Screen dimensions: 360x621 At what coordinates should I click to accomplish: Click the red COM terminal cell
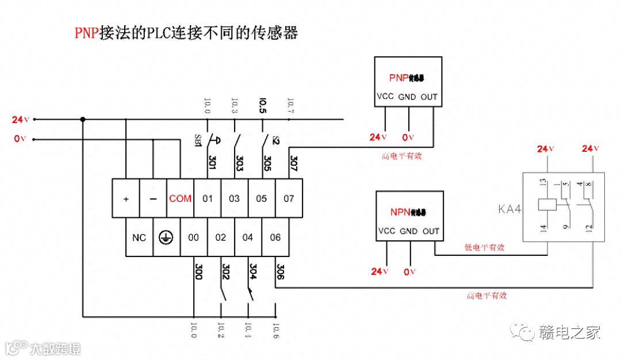point(180,198)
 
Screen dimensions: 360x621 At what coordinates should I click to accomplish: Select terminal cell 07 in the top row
point(289,198)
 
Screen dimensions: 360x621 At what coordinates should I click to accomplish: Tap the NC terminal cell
point(139,238)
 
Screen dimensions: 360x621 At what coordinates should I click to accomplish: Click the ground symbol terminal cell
point(166,238)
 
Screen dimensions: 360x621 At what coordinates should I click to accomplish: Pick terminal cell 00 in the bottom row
point(194,238)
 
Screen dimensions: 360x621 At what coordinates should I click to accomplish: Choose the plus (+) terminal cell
point(126,198)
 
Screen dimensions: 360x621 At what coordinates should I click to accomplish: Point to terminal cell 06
point(275,238)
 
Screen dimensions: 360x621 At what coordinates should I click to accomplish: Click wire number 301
point(212,163)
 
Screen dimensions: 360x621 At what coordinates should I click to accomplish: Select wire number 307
point(293,163)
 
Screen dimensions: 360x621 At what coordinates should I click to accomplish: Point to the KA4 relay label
point(509,209)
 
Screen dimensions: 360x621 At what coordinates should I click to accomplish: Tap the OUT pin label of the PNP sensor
point(429,97)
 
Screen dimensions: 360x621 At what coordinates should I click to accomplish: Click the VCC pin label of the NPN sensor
point(386,231)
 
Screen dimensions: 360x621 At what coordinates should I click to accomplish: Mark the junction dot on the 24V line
point(83,120)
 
